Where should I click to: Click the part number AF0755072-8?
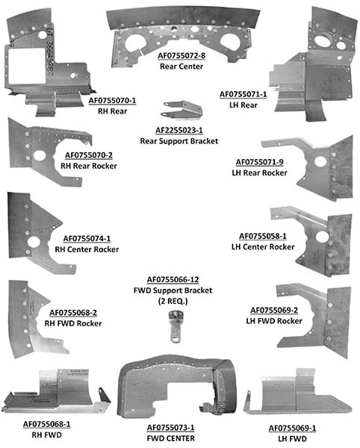pos(181,55)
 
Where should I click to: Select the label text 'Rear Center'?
pos(181,66)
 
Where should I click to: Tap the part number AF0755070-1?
pos(112,101)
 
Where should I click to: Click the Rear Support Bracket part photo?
pos(182,110)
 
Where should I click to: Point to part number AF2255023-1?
pos(179,130)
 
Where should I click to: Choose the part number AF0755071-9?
pos(259,162)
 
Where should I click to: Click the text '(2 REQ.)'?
pos(173,301)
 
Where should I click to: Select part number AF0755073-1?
pos(170,428)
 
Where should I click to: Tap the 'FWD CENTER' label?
pos(170,438)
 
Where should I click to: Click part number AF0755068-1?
pos(46,424)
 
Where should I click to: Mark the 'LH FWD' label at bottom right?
pos(292,439)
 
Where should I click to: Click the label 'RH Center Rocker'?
pos(87,249)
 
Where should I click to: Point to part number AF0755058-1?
pos(263,236)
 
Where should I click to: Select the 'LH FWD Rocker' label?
pos(274,321)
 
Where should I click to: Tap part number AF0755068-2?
pos(73,313)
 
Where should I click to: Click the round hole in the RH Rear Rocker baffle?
pos(40,156)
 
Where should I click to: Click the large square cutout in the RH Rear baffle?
pos(27,66)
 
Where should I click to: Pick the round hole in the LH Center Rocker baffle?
pos(323,237)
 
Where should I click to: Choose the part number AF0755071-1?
pos(243,94)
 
